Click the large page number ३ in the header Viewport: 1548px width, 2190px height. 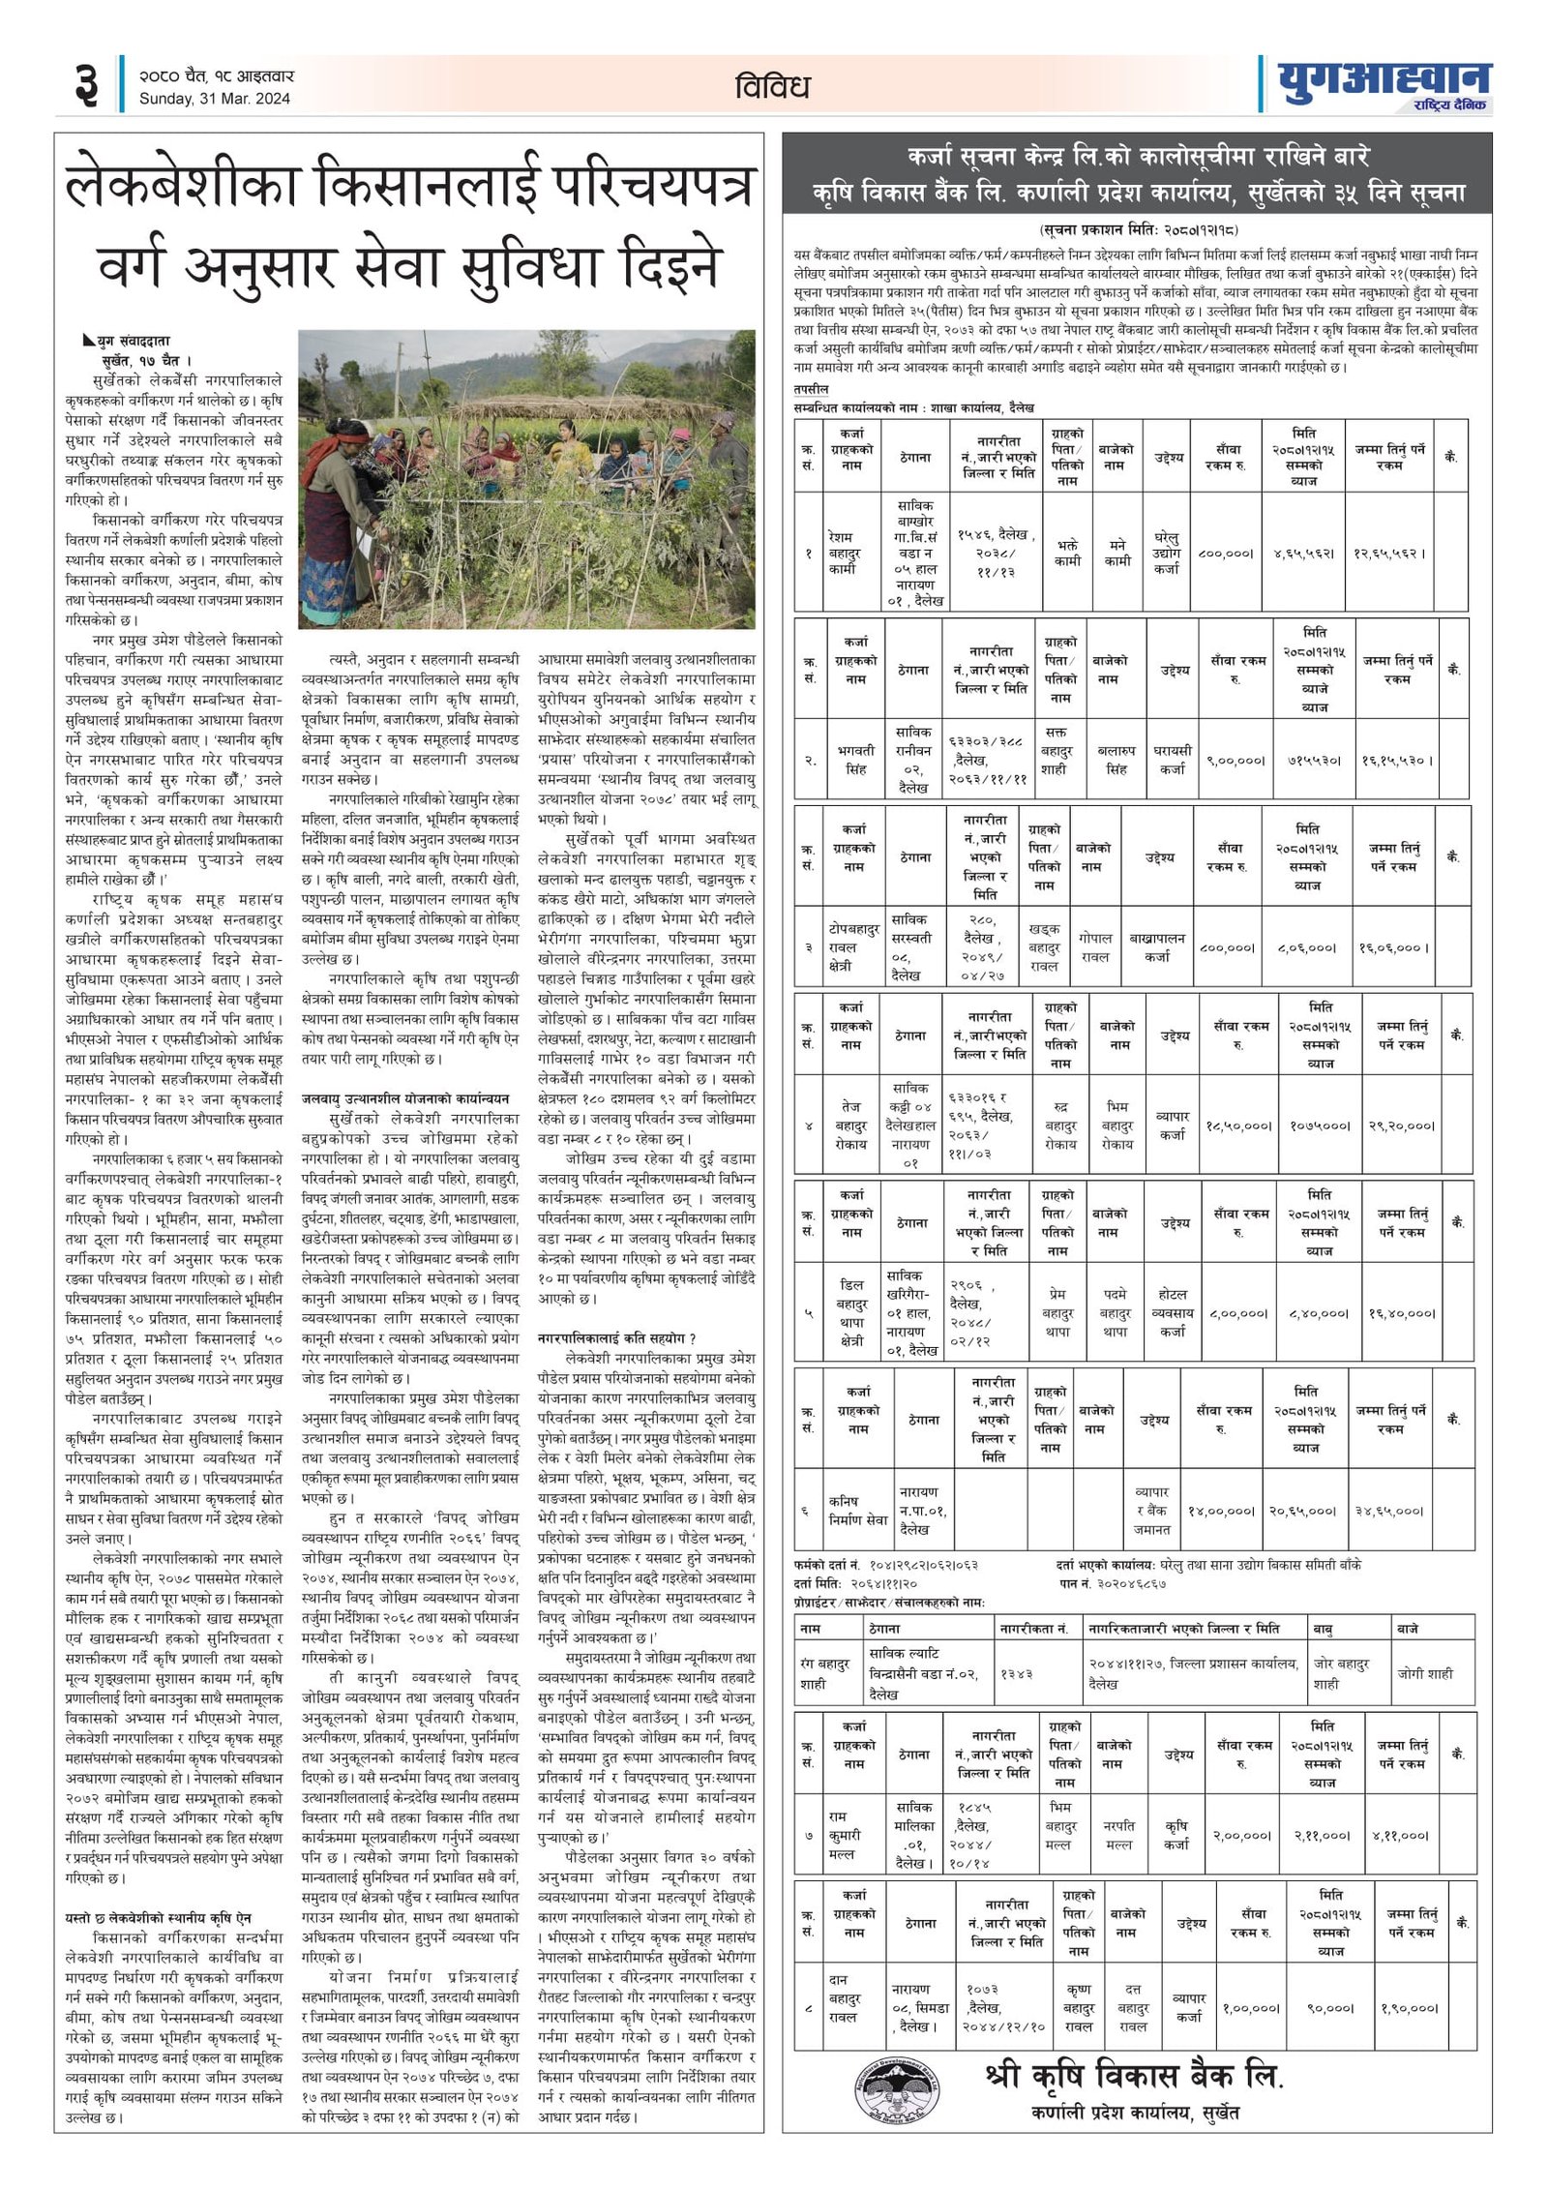[x=86, y=84]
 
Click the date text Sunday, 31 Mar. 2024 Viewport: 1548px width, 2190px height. [x=214, y=99]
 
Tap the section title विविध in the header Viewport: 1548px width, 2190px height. [x=771, y=87]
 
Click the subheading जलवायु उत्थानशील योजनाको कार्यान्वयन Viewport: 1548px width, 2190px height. [x=405, y=1098]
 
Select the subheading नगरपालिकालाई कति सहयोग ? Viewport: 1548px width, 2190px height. [x=617, y=1338]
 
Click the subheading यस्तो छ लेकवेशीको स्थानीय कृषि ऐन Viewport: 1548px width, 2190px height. [x=159, y=1917]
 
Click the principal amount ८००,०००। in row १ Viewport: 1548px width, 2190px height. [x=1226, y=554]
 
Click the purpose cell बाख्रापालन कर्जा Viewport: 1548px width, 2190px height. [x=1157, y=947]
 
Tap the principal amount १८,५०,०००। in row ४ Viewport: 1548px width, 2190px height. [x=1237, y=1125]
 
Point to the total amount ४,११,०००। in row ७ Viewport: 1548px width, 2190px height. [x=1399, y=1835]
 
